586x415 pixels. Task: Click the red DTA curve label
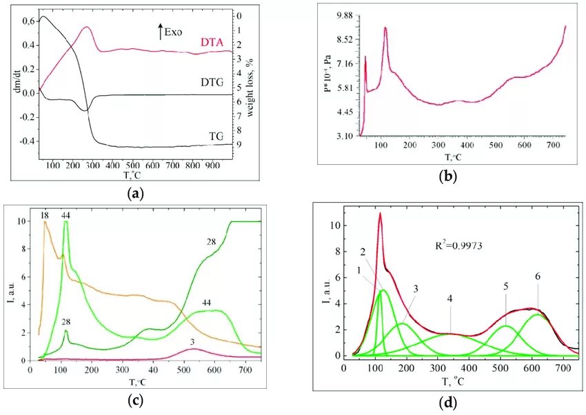(212, 43)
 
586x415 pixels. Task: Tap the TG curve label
(216, 137)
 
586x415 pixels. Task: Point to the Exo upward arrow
(161, 31)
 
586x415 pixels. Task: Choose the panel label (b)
(447, 176)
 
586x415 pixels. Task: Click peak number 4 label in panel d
(449, 299)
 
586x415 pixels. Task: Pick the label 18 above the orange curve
(44, 216)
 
